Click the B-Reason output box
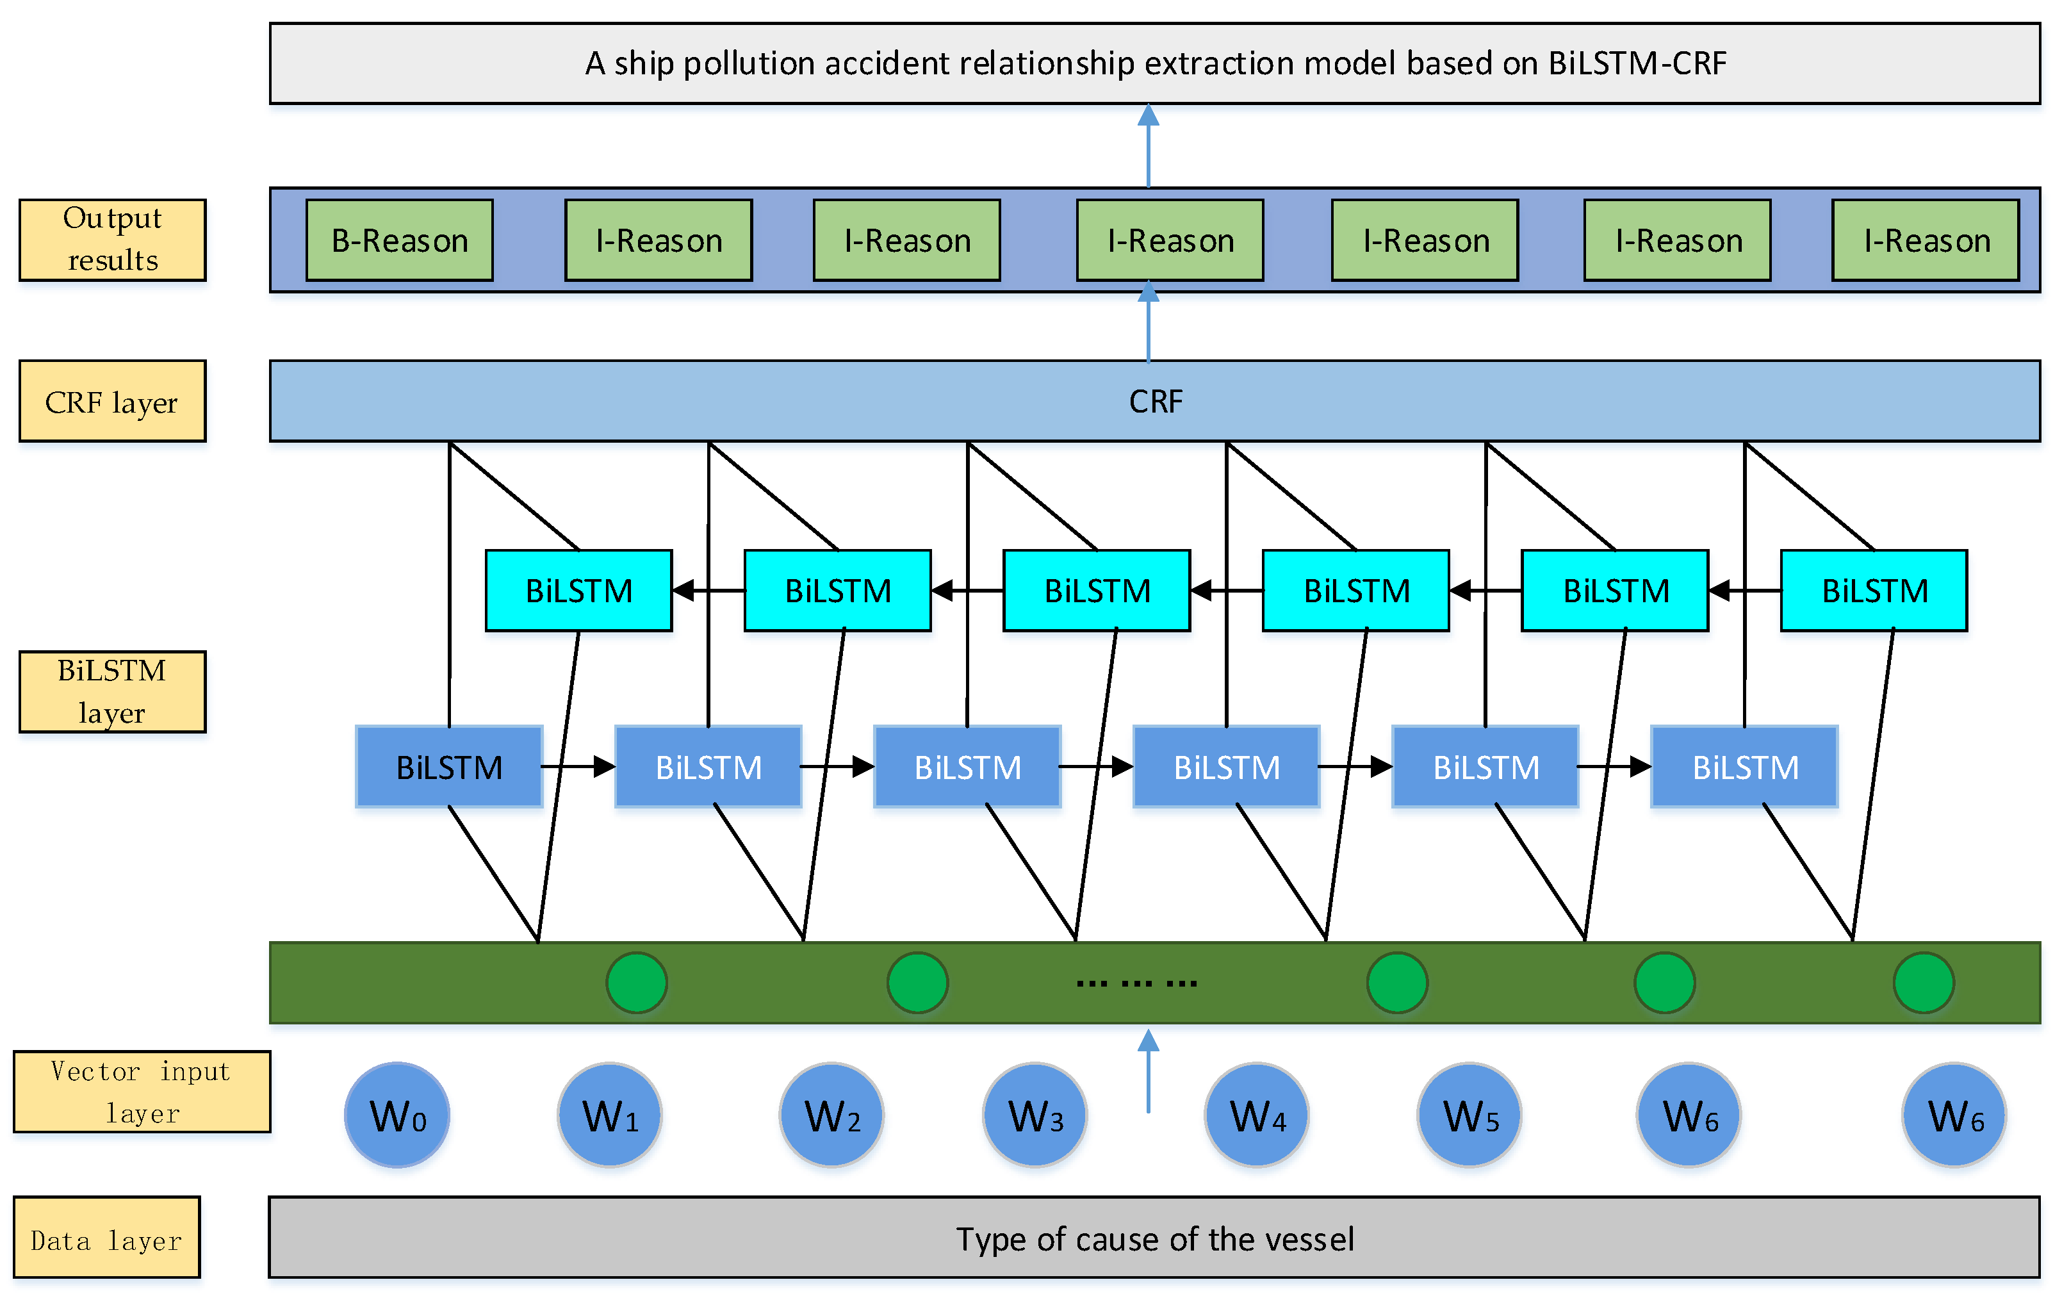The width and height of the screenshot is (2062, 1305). (x=399, y=241)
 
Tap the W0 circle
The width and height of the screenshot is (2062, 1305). (x=397, y=1115)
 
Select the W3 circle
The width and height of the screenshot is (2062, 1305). (x=1035, y=1115)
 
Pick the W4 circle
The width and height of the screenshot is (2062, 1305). (x=1256, y=1115)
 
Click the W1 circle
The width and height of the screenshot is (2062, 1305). (x=610, y=1115)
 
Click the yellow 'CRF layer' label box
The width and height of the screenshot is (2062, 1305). (x=112, y=402)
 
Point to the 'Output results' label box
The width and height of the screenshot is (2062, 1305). (x=112, y=240)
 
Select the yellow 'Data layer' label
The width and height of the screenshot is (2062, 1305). (x=107, y=1238)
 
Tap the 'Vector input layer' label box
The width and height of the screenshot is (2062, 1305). (x=142, y=1092)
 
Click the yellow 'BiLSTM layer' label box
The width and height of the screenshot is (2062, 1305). (x=112, y=692)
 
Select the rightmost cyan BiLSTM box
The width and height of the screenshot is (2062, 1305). (x=1874, y=591)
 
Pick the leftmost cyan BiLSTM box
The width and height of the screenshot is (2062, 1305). (x=579, y=591)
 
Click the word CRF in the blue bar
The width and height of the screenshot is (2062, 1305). (x=1155, y=402)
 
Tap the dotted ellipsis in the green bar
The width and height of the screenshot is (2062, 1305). (x=1136, y=983)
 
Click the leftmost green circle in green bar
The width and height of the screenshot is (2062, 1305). (x=636, y=983)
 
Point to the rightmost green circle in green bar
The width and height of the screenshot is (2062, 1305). (x=1923, y=983)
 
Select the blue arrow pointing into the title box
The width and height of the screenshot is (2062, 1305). (x=1149, y=145)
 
